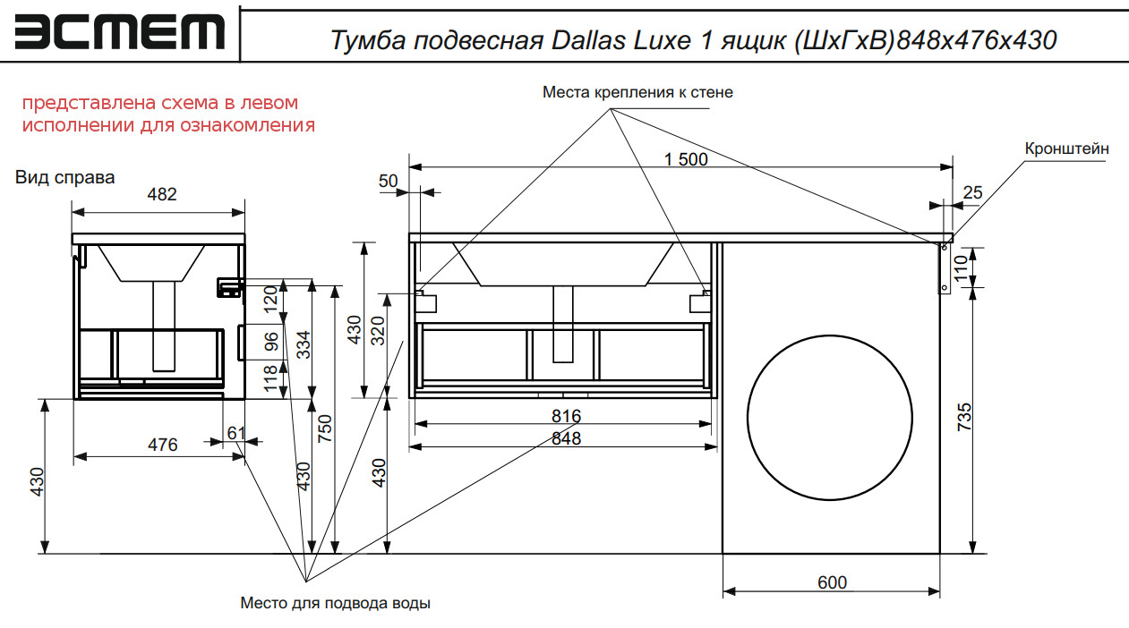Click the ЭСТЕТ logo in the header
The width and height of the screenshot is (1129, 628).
[x=119, y=32]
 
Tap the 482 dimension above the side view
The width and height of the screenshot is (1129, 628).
[x=161, y=194]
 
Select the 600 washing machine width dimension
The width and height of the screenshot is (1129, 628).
[x=832, y=582]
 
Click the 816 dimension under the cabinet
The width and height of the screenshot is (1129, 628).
[x=566, y=416]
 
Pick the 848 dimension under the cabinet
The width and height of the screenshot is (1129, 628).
[x=566, y=438]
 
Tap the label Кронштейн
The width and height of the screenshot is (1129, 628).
[x=1067, y=149]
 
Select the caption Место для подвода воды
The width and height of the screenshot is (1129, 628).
[x=335, y=603]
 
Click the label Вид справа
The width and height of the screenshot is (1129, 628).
[x=65, y=177]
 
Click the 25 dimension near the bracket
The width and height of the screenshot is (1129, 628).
[x=972, y=191]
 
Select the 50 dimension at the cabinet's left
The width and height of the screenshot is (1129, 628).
[x=388, y=181]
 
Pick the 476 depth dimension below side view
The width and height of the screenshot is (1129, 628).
[x=162, y=445]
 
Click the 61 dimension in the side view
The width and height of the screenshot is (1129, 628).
[x=235, y=433]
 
